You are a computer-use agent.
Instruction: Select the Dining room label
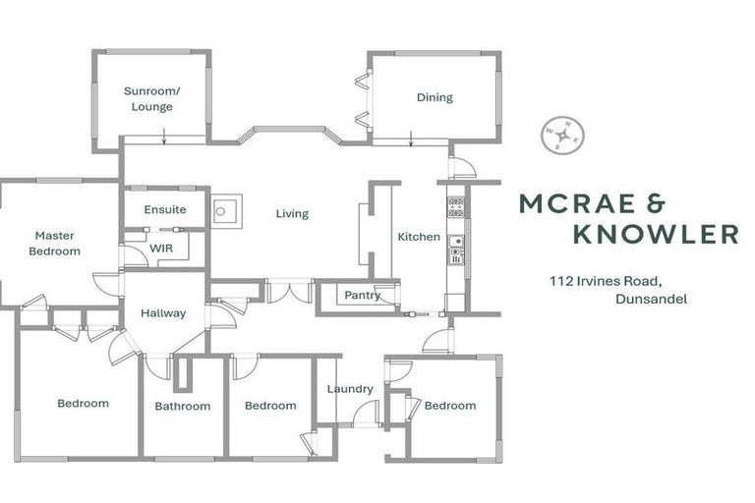(435, 97)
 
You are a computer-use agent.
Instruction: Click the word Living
(292, 213)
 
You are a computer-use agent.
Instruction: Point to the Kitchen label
(419, 237)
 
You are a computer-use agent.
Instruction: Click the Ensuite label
(165, 209)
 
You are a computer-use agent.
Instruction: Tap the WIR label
(161, 249)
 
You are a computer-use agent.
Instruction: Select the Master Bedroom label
(55, 243)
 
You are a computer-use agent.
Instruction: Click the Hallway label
(163, 313)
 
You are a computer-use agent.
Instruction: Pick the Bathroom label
(183, 406)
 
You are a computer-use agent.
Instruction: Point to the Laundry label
(350, 389)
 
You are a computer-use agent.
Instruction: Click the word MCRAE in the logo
(566, 203)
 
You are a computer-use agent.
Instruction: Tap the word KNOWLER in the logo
(656, 234)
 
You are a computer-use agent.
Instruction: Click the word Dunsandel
(650, 299)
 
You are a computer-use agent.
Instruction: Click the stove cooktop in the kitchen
(456, 206)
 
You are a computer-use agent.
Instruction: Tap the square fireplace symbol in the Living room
(225, 209)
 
